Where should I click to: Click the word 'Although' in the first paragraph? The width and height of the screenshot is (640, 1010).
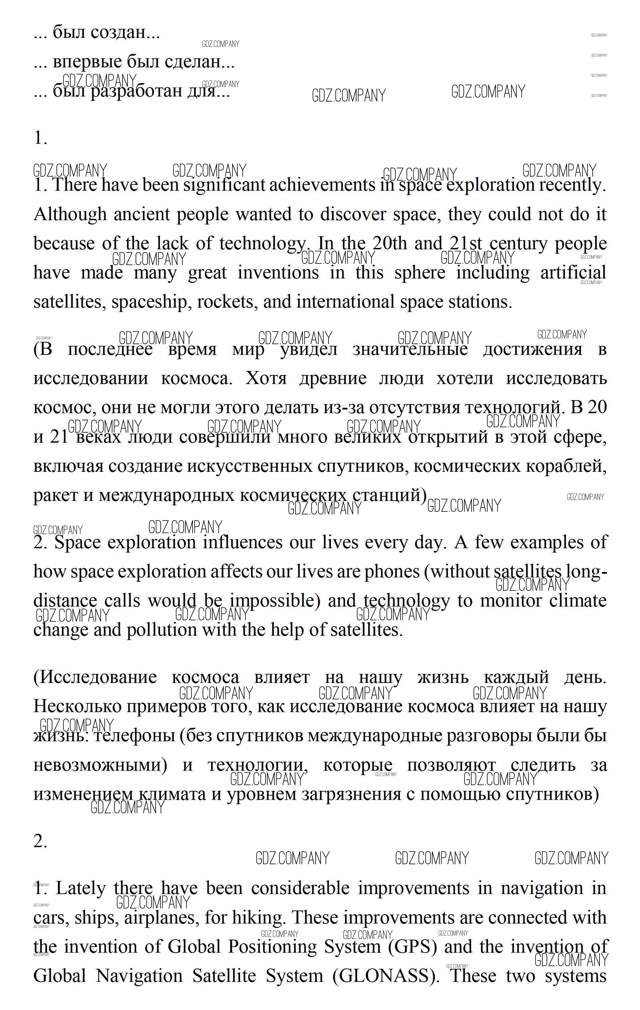70,215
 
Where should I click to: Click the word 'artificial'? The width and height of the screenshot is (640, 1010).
573,273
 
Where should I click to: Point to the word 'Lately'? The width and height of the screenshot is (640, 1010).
80,888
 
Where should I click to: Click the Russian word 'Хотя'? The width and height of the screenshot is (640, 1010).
266,378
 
